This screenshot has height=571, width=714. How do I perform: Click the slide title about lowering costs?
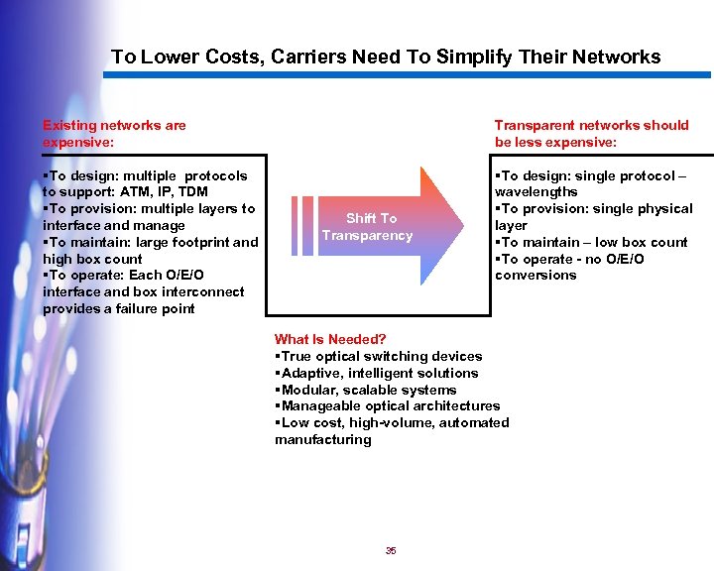point(386,57)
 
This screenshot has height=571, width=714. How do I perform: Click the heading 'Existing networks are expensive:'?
point(114,133)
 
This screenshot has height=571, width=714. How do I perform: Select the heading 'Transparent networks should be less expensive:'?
point(591,133)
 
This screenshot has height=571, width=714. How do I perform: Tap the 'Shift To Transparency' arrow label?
point(367,227)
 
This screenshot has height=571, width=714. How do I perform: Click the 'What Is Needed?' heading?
point(330,339)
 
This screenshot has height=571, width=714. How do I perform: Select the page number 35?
point(391,551)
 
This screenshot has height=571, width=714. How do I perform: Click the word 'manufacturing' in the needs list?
point(323,439)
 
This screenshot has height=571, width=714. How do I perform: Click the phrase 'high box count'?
point(92,259)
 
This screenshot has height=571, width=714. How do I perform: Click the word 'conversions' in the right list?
point(535,275)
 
